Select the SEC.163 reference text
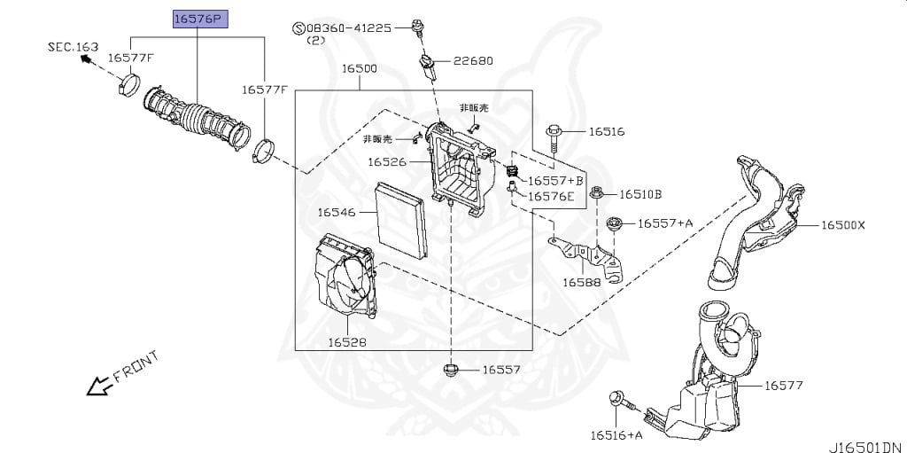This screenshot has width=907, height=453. (x=73, y=47)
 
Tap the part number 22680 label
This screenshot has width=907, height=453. (x=473, y=60)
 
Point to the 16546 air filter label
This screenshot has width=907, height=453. (x=336, y=213)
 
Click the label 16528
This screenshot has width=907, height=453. (x=347, y=342)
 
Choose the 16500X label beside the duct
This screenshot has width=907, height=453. (x=843, y=225)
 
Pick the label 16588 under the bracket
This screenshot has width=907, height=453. (x=582, y=282)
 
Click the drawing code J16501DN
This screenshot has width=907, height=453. (x=866, y=447)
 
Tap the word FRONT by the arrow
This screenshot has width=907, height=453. (x=136, y=367)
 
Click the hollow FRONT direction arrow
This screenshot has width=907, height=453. (x=99, y=386)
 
